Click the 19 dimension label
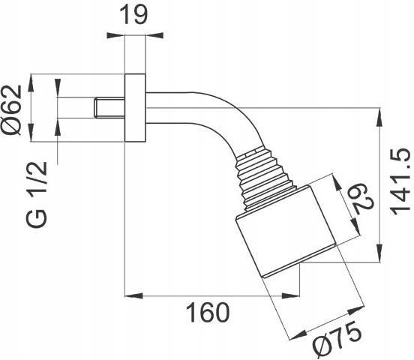click(x=133, y=15)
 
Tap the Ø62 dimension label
click(x=11, y=110)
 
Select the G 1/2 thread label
click(x=37, y=194)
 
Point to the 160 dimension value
click(x=208, y=313)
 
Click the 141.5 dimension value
click(x=400, y=181)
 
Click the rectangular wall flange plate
click(x=135, y=108)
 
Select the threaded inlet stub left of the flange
click(x=109, y=107)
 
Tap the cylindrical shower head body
click(x=286, y=232)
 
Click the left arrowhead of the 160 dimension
click(x=133, y=295)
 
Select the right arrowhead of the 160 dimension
click(x=291, y=295)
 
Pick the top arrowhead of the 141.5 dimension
click(x=379, y=117)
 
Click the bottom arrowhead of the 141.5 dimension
click(x=379, y=253)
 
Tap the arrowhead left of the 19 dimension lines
click(x=115, y=35)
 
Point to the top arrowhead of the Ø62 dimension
click(x=31, y=83)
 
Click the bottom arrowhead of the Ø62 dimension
click(x=31, y=132)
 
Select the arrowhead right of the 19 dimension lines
click(x=154, y=35)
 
